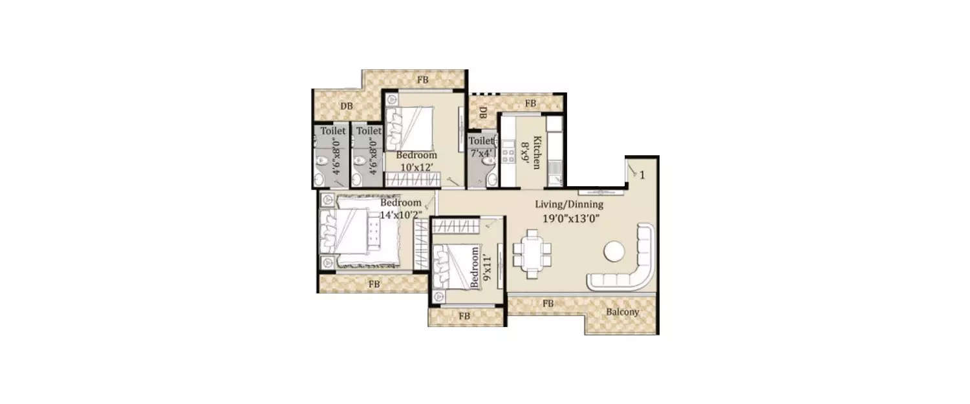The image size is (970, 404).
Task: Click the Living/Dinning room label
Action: (x=568, y=204)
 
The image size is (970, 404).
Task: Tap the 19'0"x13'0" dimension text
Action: (x=568, y=218)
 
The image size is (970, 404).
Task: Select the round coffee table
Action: (x=614, y=251)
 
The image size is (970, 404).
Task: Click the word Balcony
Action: (x=622, y=312)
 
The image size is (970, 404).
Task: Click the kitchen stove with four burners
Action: (x=508, y=154)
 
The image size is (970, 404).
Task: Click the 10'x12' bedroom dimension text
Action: (x=416, y=167)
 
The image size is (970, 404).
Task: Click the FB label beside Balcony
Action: (x=548, y=303)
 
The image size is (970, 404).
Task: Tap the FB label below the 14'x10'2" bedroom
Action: (x=374, y=284)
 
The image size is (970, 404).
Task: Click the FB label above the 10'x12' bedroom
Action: (x=422, y=80)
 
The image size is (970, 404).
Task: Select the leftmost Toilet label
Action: (x=333, y=131)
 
